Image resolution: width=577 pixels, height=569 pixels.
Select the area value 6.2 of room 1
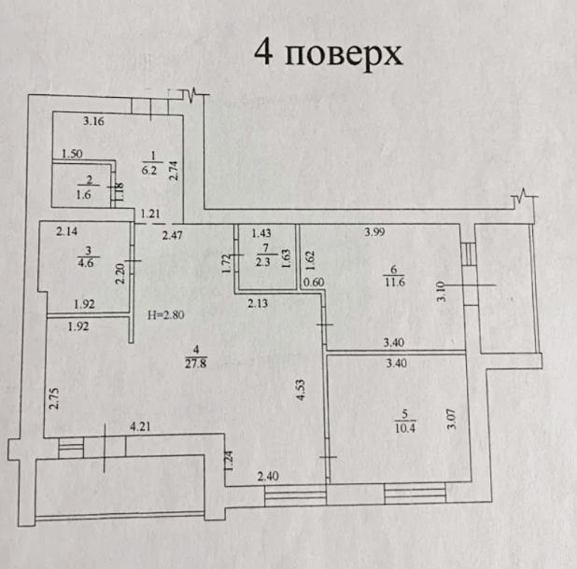pyautogui.click(x=148, y=171)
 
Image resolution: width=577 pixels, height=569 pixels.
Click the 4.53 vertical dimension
pyautogui.click(x=301, y=386)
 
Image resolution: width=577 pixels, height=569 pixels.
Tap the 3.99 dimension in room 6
pyautogui.click(x=373, y=232)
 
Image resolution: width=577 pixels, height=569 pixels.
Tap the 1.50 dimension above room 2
pyautogui.click(x=73, y=155)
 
